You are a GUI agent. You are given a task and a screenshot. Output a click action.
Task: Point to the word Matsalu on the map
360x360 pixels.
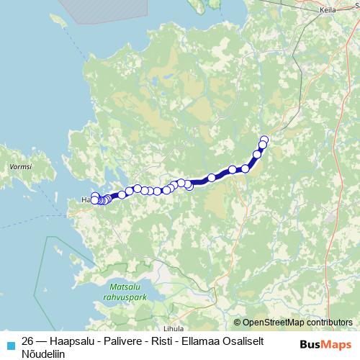pyautogui.click(x=114, y=284)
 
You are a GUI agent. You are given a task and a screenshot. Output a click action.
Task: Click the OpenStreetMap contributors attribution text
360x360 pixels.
pyautogui.click(x=298, y=323)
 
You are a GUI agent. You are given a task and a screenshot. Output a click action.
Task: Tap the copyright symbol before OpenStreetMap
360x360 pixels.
pyautogui.click(x=238, y=323)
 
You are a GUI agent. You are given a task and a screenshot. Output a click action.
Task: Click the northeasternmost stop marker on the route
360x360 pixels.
pyautogui.click(x=264, y=140)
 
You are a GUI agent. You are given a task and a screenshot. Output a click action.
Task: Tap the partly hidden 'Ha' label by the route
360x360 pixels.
pyautogui.click(x=86, y=199)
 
